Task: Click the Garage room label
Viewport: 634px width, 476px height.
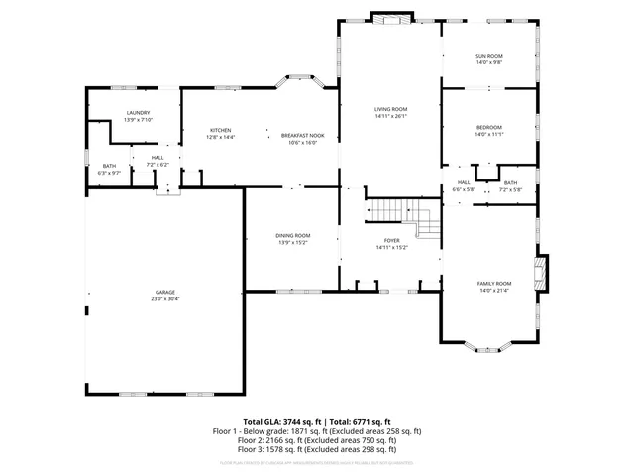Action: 164,292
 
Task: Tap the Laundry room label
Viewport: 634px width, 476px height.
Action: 138,114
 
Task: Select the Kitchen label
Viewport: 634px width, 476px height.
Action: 220,130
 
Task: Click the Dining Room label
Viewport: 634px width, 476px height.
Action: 293,235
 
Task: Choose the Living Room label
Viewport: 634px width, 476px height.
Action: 391,109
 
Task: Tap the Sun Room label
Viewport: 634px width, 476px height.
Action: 489,57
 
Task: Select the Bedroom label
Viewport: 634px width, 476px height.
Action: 489,127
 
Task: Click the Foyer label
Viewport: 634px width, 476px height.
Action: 391,241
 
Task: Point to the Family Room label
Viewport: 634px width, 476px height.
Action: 494,283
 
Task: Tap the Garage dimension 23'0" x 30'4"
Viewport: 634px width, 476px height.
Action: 164,298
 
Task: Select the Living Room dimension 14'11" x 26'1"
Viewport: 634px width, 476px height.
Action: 391,116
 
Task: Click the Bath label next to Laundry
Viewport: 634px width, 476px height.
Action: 109,166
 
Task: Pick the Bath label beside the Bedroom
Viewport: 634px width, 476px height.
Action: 510,182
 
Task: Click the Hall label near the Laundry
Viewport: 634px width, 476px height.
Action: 158,157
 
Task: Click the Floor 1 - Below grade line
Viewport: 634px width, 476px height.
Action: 317,431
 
